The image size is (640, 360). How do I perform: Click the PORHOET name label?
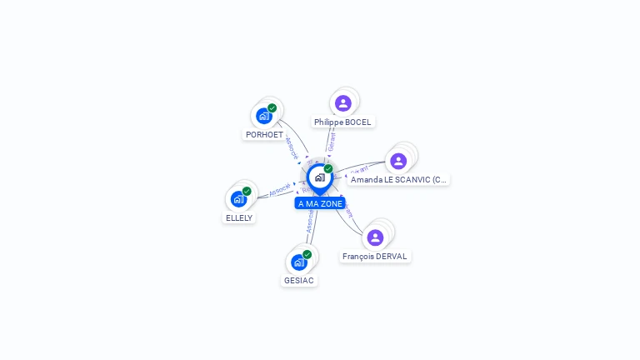pos(264,134)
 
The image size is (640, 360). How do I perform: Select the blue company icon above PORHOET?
pos(264,116)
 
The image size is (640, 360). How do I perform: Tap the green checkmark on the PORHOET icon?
pos(272,107)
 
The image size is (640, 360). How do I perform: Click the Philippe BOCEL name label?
pos(342,122)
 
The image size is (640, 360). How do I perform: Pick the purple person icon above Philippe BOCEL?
pos(342,103)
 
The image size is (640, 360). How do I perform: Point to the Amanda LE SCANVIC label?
pos(398,179)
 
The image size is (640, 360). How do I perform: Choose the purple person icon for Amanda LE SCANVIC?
pos(398,161)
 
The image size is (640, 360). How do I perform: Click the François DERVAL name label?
pos(375,256)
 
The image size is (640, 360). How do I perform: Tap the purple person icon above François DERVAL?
pos(375,237)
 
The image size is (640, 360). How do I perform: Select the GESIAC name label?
pos(299,280)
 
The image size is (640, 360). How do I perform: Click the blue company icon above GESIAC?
pos(299,262)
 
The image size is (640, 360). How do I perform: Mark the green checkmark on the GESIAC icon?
pos(307,254)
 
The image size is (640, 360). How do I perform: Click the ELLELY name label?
pos(239,217)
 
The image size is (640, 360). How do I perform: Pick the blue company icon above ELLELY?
pos(238,199)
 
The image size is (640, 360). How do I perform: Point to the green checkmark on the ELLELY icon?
pos(247,191)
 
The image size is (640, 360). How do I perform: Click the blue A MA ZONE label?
pos(320,203)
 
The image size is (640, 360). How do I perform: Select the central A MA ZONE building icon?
pos(319,177)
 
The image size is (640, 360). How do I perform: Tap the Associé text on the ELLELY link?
pos(280,190)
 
